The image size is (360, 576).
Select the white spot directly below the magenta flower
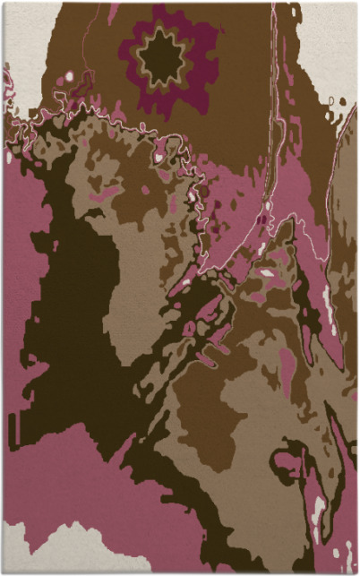pos(159,157)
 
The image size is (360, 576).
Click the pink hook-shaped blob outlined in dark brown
pos(288,466)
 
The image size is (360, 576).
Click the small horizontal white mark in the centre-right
pos(268,271)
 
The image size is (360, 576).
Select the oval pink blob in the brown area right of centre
pos(287,363)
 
